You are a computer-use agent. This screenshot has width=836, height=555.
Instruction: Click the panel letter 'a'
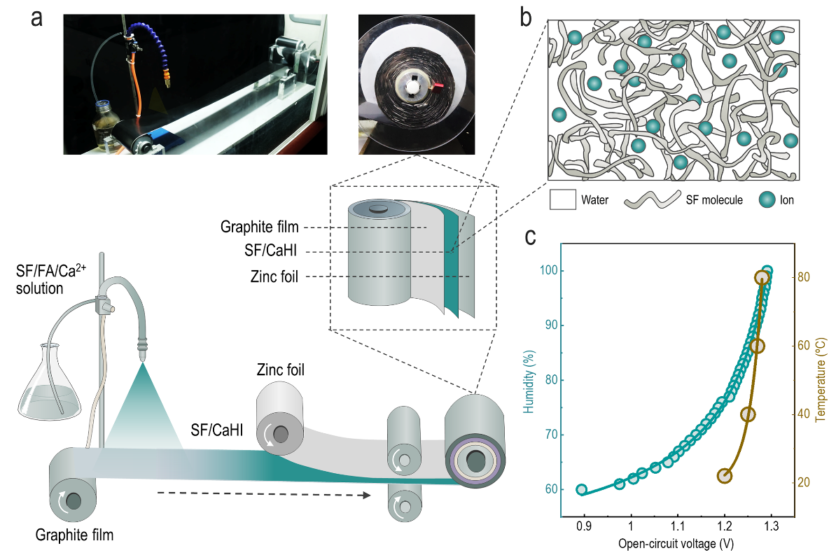click(x=36, y=18)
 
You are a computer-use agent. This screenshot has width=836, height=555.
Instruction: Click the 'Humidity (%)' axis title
click(x=529, y=381)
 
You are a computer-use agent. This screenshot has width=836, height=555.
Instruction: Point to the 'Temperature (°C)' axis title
click(x=821, y=379)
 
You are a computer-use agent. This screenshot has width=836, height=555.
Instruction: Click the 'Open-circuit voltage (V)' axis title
click(x=676, y=543)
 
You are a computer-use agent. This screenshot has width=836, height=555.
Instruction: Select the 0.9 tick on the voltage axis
click(x=584, y=526)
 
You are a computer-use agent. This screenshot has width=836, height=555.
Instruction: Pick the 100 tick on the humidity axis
click(x=549, y=270)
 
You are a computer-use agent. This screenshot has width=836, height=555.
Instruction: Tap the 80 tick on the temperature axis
click(x=804, y=277)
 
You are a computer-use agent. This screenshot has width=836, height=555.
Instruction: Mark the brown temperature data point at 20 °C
click(x=724, y=475)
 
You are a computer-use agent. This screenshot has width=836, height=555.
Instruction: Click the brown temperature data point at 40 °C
click(x=748, y=414)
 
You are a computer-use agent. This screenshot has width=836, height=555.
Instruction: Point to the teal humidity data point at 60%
click(x=582, y=490)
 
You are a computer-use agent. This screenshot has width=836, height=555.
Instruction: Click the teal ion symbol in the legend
click(x=767, y=199)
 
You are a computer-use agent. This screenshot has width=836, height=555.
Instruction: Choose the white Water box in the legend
click(x=562, y=199)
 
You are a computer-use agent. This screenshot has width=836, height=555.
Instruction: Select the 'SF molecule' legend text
click(x=714, y=200)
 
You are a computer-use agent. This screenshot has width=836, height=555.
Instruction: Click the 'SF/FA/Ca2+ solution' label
click(x=50, y=279)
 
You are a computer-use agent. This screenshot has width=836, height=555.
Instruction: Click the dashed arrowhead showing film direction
click(x=366, y=496)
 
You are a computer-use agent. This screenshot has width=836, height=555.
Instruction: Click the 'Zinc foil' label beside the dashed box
click(x=274, y=276)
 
